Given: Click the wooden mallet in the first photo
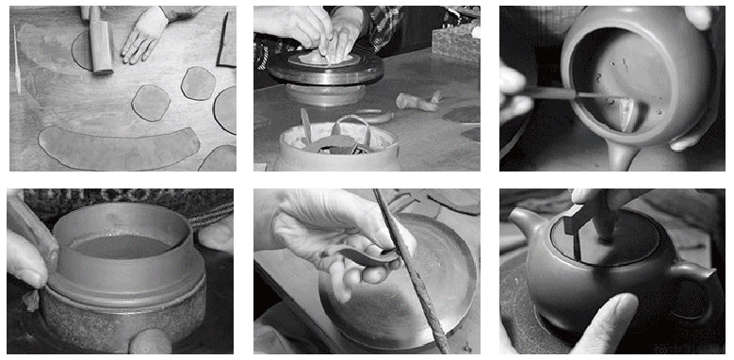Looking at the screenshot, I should tap(100, 42).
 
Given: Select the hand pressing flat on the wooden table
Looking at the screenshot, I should tap(146, 35).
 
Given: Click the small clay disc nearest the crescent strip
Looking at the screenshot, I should tap(151, 102).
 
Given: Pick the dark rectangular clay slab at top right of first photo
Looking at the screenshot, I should tap(227, 40).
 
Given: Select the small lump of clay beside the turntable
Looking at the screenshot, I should tap(418, 100).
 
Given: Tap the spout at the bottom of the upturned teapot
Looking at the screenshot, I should tap(617, 156).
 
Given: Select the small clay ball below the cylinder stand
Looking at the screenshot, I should tap(151, 341).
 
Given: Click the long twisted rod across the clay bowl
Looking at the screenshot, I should tap(410, 273).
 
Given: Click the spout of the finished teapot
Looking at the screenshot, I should tap(524, 226).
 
